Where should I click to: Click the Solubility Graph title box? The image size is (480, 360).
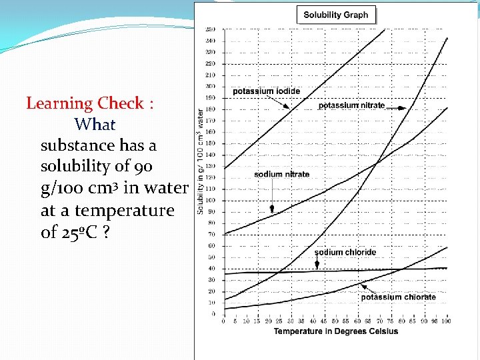coord(335,15)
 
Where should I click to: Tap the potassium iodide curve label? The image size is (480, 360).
coord(266,91)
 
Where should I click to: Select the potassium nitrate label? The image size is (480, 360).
coord(351,105)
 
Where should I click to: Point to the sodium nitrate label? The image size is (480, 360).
coord(281,174)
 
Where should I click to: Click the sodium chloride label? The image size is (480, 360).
coord(345,252)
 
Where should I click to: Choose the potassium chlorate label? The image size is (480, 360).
coord(398,297)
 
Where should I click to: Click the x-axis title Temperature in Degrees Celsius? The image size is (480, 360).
coord(335,331)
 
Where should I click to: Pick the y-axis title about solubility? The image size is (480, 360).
coord(201,162)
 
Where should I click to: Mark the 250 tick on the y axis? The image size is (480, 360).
coord(211,29)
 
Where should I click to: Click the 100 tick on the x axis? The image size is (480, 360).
coord(445,321)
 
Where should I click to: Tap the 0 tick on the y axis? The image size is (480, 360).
coord(213,313)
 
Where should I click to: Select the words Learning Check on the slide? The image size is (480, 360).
coord(85,103)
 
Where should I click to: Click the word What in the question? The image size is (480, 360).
coord(95,125)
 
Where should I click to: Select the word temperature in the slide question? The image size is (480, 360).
coord(124,211)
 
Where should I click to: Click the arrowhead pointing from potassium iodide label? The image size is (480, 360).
coord(287,107)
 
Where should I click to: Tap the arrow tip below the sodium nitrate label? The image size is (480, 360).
coord(272,211)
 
